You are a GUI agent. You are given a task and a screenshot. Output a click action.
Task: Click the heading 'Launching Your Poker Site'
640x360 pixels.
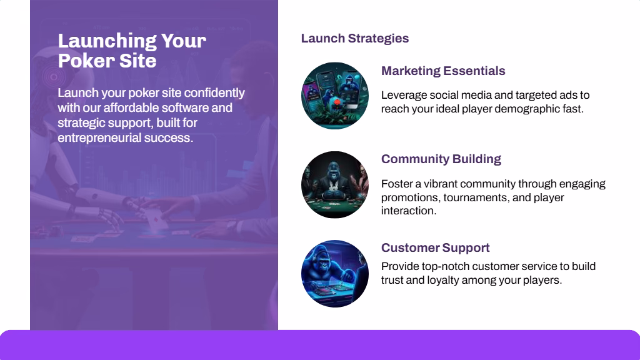(x=132, y=51)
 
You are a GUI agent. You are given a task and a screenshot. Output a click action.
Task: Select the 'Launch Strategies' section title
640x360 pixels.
(x=355, y=38)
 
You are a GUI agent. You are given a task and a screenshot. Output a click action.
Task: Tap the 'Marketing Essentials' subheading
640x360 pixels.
(x=443, y=71)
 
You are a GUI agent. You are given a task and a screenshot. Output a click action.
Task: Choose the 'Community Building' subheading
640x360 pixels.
(x=441, y=159)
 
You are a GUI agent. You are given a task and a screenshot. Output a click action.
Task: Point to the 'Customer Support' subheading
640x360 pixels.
(x=435, y=247)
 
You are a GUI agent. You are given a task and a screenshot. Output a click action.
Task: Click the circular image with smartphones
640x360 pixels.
(x=335, y=96)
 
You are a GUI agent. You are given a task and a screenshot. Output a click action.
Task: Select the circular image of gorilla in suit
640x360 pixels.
(x=335, y=185)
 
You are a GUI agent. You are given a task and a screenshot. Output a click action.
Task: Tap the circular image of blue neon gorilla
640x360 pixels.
(x=335, y=274)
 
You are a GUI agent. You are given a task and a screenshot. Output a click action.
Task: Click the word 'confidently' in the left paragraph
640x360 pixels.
(x=214, y=93)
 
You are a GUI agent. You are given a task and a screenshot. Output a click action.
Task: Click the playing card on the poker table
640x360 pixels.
(x=156, y=222)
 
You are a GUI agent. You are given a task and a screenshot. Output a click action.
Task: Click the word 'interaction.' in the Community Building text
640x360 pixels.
(x=409, y=211)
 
